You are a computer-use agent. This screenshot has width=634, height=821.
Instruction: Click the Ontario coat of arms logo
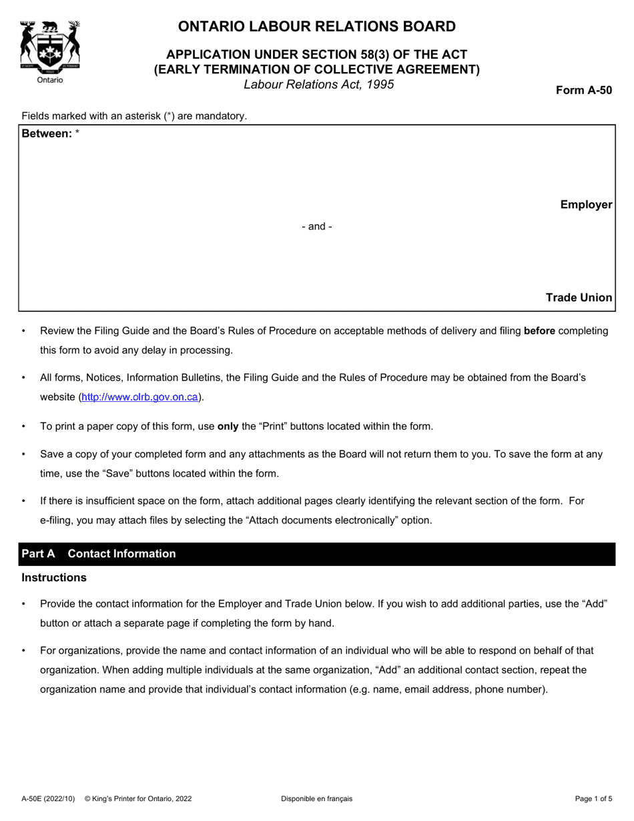pos(50,46)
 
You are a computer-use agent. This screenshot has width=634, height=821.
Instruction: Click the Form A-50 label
pos(584,91)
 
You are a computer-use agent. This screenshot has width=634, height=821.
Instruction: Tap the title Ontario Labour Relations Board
pos(317,27)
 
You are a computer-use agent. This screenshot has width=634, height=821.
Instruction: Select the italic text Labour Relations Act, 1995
pos(318,85)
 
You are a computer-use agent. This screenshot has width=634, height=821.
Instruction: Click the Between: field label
pos(47,133)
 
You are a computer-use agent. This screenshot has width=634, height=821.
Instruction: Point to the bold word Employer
pos(586,205)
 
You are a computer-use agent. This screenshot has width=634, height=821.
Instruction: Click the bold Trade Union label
pos(579,298)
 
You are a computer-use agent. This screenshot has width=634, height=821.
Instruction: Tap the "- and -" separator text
pos(317,227)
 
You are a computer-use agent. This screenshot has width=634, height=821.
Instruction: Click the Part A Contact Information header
pos(99,554)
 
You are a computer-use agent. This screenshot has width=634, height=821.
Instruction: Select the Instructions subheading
pos(54,577)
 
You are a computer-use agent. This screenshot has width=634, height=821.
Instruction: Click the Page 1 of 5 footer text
pos(593,799)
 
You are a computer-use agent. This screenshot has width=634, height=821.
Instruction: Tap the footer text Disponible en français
pos(317,799)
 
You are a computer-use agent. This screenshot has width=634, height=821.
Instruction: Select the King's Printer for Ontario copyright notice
pos(138,799)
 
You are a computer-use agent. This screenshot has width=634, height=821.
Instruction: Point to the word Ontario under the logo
pos(49,80)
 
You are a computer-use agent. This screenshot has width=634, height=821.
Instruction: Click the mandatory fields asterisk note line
pos(134,116)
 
